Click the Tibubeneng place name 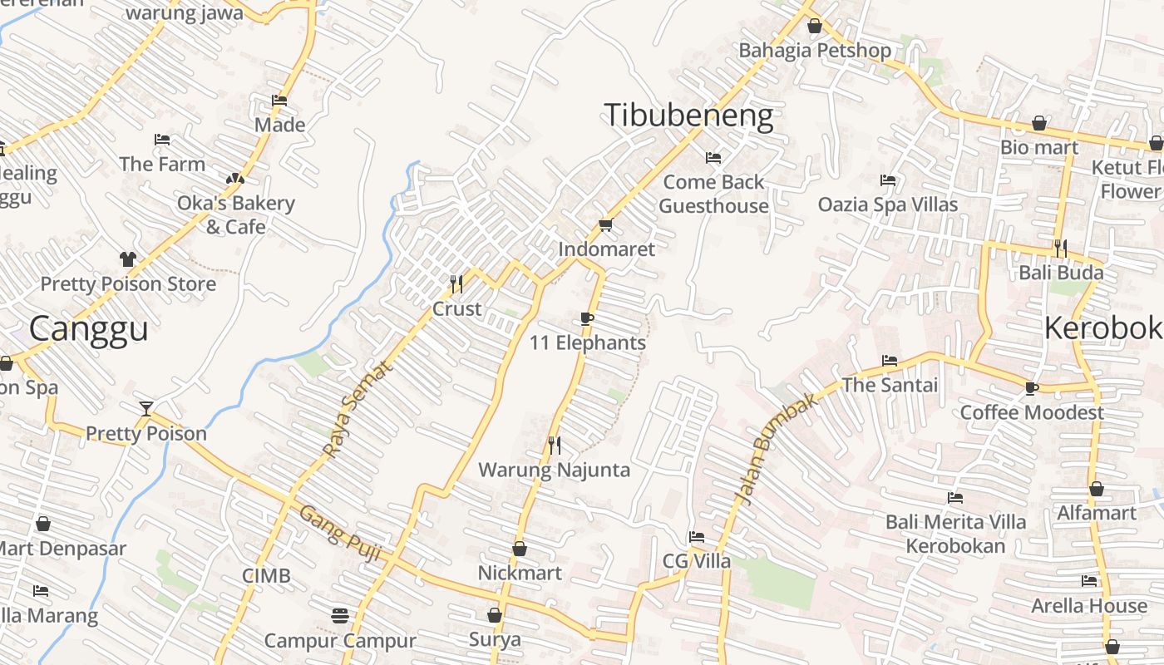(688, 116)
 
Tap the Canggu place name (88, 328)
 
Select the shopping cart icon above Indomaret (605, 225)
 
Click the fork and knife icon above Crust (456, 284)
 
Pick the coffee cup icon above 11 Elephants (587, 319)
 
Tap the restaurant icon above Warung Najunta (555, 446)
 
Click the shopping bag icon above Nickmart (520, 549)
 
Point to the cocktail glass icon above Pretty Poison (146, 408)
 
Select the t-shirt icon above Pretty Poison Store (128, 259)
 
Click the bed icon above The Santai (889, 361)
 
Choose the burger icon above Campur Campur (339, 616)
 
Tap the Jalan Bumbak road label (777, 449)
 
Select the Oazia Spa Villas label (887, 204)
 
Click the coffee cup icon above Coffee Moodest (1032, 388)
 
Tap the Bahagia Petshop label (814, 50)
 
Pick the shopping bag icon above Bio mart (1039, 124)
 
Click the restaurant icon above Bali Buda (1061, 248)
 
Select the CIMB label (266, 576)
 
